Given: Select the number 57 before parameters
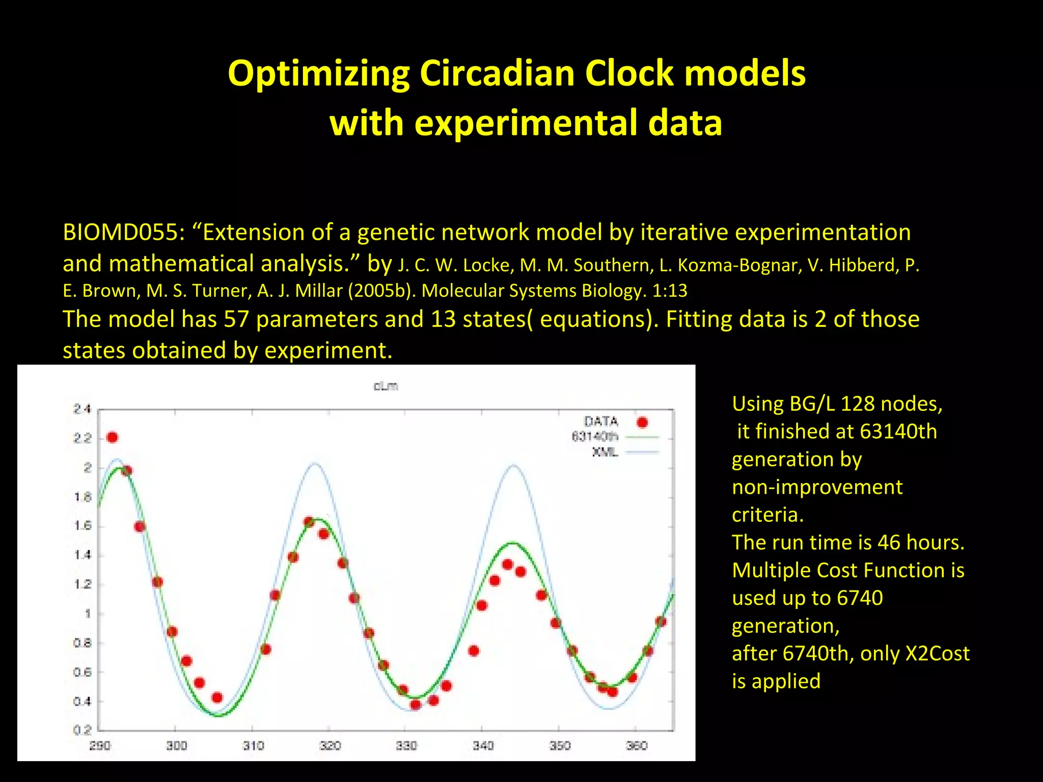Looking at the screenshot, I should point(236,320).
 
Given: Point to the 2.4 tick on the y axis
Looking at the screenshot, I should point(82,409).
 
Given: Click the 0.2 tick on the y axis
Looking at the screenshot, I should point(82,730).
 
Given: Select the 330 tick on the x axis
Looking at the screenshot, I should point(406,746).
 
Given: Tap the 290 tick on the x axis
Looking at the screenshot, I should point(100,746).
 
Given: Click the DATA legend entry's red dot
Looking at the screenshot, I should point(642,422).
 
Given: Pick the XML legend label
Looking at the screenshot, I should point(605,452).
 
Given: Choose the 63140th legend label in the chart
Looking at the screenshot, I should point(594,437).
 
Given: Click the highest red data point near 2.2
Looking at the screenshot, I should point(113,437).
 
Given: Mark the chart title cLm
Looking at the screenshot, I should point(386,386).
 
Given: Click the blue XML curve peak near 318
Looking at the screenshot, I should point(315,463).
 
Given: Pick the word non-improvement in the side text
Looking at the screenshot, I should point(817,487).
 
